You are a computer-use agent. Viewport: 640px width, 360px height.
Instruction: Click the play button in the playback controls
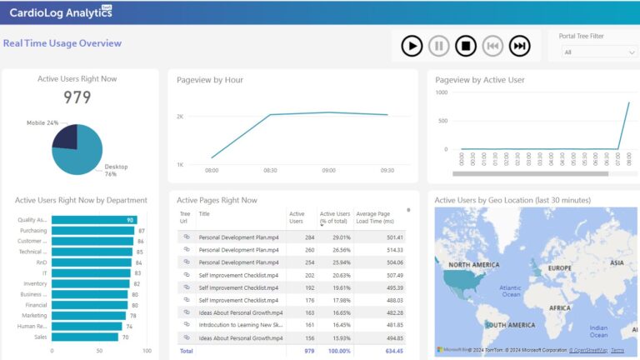(x=412, y=46)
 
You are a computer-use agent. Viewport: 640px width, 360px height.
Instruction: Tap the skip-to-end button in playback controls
(x=520, y=46)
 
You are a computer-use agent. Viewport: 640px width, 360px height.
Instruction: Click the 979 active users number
(x=77, y=97)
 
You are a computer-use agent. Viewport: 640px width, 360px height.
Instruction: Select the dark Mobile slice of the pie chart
(x=65, y=137)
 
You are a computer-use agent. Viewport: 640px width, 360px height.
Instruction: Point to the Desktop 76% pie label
(x=116, y=170)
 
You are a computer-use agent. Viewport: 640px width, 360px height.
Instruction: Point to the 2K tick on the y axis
(x=180, y=117)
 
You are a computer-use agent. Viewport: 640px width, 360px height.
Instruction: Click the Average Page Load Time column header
(x=372, y=217)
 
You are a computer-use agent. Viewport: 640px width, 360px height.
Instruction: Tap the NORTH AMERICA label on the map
(x=472, y=265)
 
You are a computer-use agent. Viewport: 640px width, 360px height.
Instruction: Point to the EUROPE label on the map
(x=560, y=268)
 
